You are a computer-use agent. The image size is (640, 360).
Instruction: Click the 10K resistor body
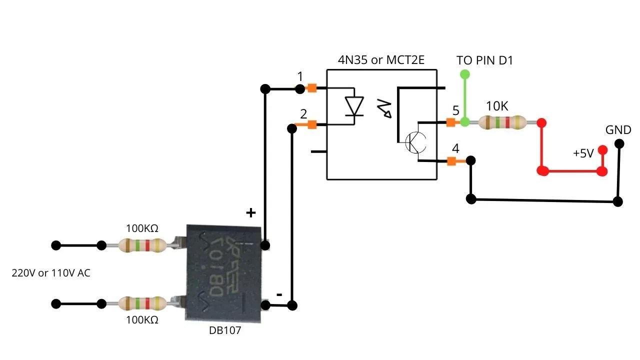(502, 122)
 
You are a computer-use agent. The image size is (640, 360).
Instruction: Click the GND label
(618, 130)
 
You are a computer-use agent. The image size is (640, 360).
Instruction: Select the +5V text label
(583, 153)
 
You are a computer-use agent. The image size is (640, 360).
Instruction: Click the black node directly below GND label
(619, 144)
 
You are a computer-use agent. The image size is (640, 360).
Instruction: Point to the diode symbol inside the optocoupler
(354, 106)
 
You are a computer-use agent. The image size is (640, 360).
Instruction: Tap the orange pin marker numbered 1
(311, 88)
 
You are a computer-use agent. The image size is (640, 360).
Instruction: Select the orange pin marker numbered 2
(312, 124)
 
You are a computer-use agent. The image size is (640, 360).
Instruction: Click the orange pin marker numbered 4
(451, 161)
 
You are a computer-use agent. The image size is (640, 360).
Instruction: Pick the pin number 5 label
(455, 111)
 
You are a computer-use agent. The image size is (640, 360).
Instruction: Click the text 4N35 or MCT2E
(381, 60)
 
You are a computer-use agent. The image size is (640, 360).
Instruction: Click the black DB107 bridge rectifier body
(223, 272)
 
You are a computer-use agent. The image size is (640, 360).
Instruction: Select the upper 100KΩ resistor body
(142, 245)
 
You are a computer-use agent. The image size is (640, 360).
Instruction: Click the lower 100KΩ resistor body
(142, 303)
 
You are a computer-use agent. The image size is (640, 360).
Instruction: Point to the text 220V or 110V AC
(51, 273)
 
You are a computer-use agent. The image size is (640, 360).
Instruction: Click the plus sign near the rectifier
(251, 213)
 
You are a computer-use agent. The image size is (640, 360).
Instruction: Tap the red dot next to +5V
(602, 149)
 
